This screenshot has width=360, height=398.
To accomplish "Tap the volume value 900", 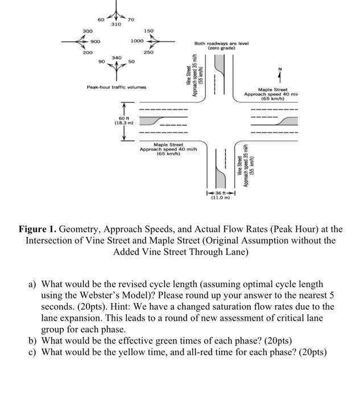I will point(96,41).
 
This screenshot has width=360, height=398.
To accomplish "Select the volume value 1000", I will point(137,41).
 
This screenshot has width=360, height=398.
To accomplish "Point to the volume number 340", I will point(116,57).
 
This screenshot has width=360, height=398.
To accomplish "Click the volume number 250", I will point(148,52).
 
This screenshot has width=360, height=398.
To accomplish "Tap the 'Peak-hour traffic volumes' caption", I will point(116,87).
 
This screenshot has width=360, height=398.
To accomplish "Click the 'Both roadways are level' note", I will point(218,43).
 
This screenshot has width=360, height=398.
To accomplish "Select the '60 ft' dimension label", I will point(123,118).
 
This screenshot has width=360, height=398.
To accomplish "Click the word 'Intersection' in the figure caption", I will point(49,241).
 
